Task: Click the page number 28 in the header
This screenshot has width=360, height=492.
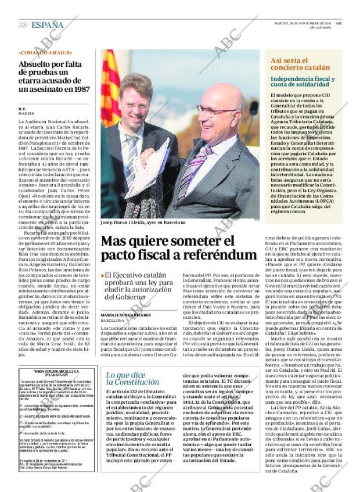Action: (23, 24)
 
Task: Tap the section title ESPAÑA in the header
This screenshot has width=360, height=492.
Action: (48, 24)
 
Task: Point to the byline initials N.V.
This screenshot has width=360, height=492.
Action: (23, 108)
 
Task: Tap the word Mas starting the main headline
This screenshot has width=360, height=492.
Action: (116, 240)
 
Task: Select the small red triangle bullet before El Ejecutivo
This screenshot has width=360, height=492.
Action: (103, 275)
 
